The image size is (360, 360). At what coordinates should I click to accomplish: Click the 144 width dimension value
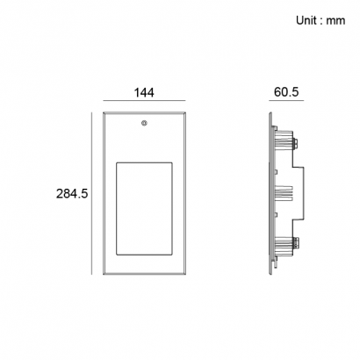[144, 92]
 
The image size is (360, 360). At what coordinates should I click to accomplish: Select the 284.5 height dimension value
[72, 194]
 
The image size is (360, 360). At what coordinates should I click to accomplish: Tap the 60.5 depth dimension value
[286, 92]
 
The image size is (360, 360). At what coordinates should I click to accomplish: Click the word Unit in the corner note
[306, 20]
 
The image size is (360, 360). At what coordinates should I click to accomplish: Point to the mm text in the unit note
[335, 21]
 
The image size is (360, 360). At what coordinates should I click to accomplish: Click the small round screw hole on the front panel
[144, 123]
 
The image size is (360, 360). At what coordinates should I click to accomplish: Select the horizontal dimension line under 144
[144, 101]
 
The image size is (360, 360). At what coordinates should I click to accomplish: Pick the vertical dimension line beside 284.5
[91, 193]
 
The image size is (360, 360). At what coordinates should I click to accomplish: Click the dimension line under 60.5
[286, 101]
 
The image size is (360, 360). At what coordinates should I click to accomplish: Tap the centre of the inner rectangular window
[144, 209]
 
